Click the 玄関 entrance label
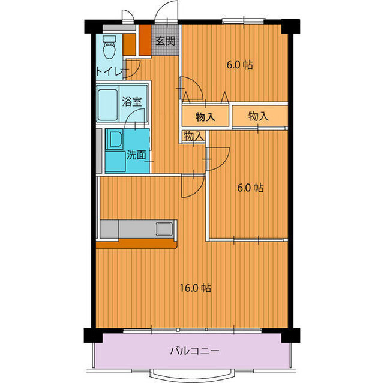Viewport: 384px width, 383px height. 166,41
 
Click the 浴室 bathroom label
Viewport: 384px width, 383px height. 132,101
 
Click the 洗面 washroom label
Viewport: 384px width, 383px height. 136,155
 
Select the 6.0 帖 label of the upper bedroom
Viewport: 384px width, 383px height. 239,64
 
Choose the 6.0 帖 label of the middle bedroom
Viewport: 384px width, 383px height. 250,188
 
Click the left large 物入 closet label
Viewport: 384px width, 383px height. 205,117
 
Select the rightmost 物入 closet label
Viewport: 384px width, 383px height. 258,116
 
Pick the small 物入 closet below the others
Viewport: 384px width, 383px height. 193,137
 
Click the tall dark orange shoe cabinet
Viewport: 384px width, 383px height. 145,40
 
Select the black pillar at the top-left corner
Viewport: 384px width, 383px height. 91,27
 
